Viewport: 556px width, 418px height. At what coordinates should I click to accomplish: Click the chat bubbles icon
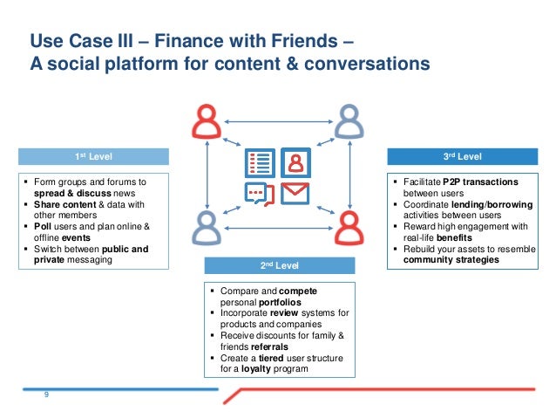pos(260,193)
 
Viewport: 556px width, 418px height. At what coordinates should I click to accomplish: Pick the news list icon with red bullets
pos(260,162)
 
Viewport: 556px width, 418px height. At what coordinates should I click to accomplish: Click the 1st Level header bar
pos(80,156)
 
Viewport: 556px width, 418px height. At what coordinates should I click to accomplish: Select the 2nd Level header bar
pos(280,265)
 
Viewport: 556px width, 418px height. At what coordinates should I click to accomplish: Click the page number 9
pos(46,396)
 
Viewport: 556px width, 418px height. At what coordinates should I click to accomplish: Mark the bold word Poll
pos(43,226)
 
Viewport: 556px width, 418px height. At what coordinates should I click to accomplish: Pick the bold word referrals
pos(269,346)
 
